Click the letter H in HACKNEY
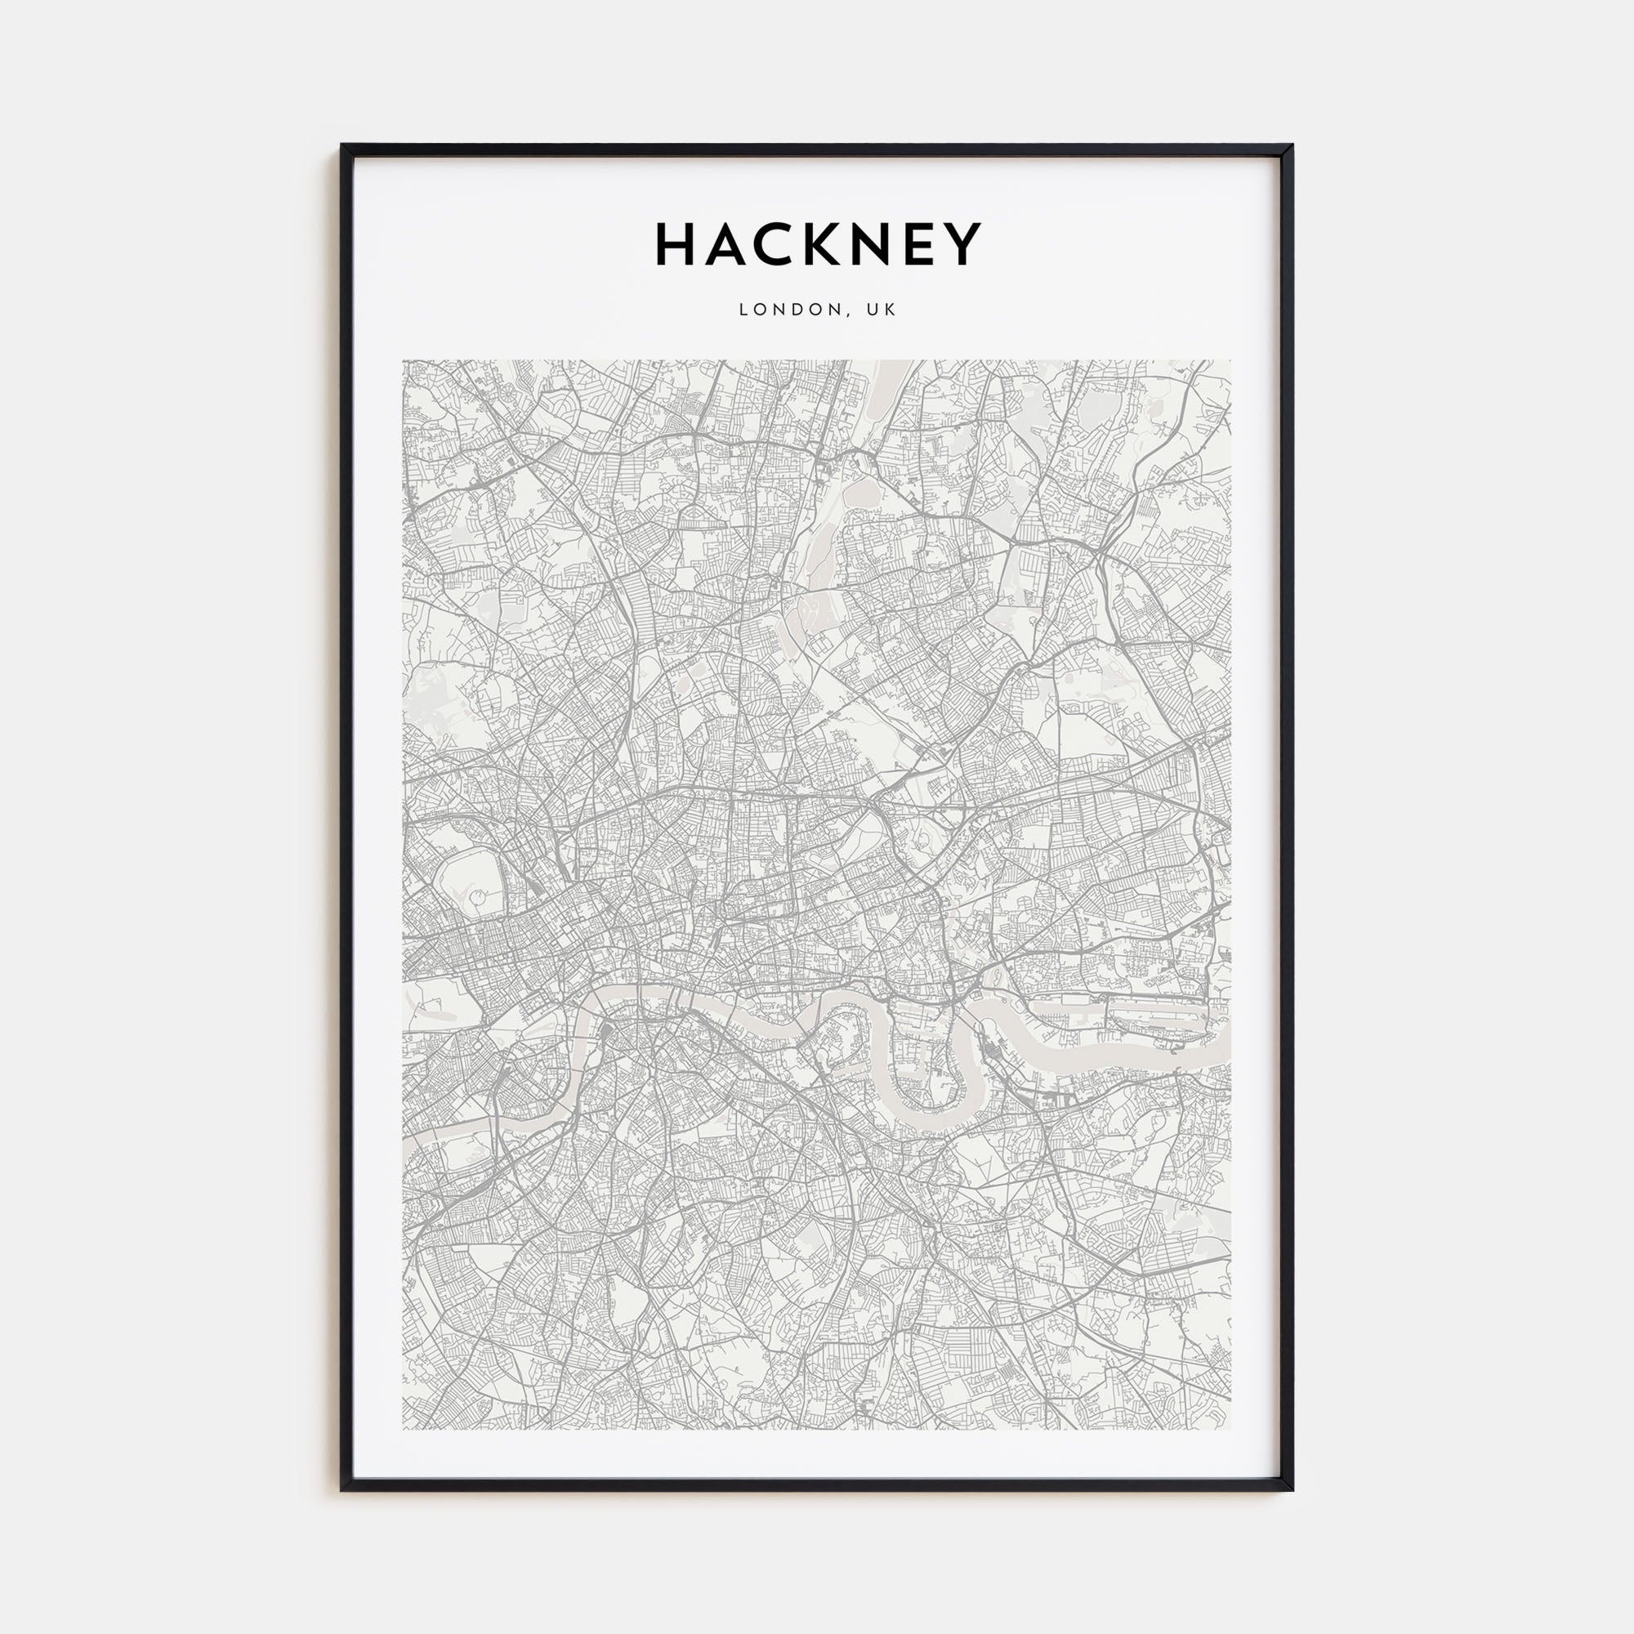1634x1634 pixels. [x=677, y=244]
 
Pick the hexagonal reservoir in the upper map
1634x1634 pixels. [x=860, y=490]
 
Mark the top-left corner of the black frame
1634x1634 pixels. [x=342, y=145]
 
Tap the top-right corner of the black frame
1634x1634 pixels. [x=1292, y=145]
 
